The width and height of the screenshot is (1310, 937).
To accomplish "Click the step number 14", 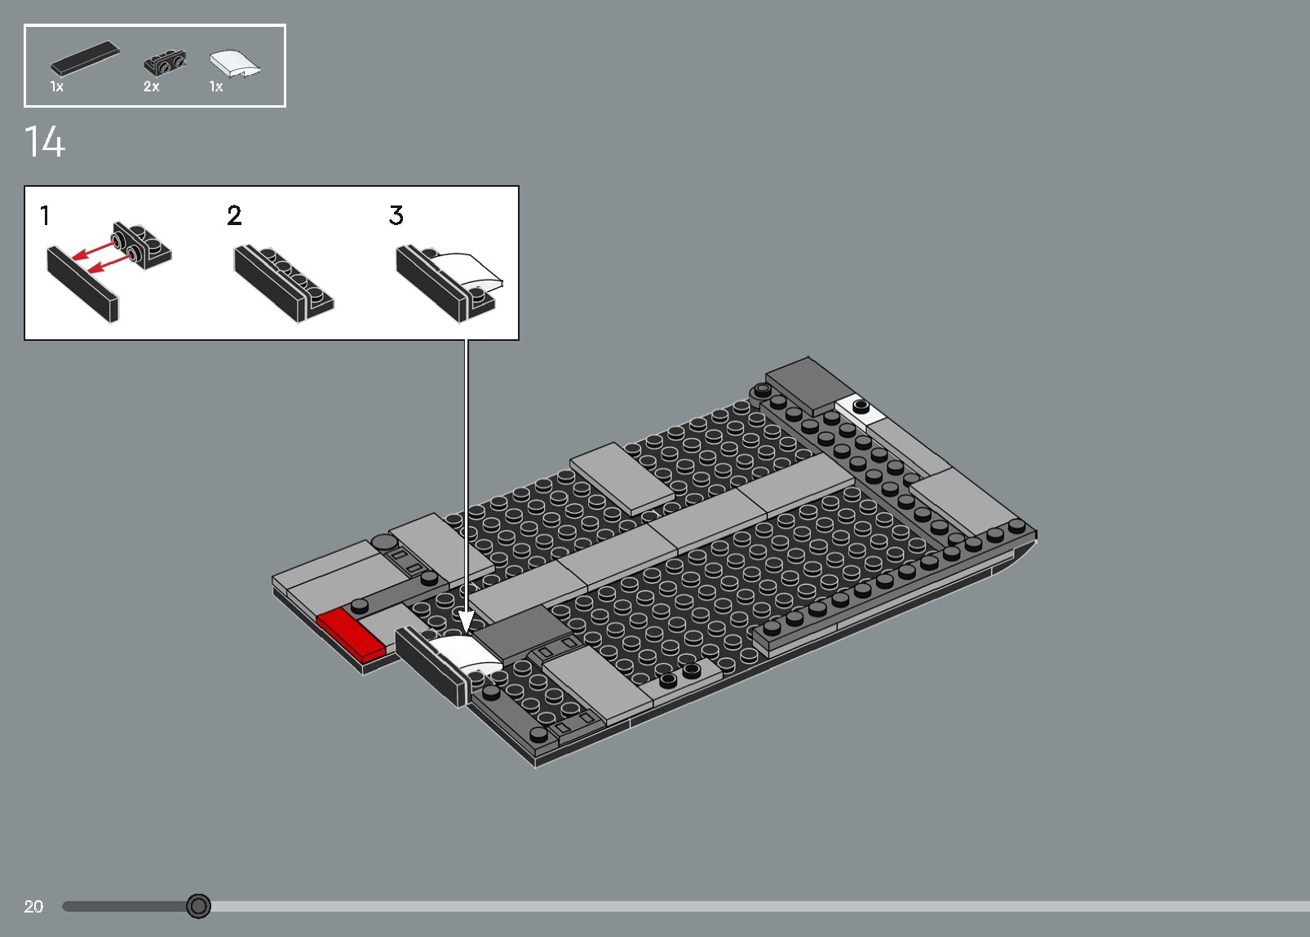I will click(x=45, y=143).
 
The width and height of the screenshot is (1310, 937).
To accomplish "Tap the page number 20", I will click(x=33, y=906).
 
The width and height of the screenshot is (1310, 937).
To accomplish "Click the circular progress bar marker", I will click(x=198, y=905).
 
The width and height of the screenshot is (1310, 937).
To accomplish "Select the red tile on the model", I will click(x=350, y=632).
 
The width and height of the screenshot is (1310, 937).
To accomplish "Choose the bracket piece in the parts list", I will click(x=165, y=62).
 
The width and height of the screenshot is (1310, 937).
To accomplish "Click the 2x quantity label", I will click(x=152, y=86).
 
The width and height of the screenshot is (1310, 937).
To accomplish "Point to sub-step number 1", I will click(x=46, y=216).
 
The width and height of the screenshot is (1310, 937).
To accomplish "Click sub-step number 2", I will click(x=234, y=216).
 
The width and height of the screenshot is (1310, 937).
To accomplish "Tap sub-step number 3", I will click(x=396, y=216).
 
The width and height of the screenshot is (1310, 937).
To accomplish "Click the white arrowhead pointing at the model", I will click(x=467, y=623).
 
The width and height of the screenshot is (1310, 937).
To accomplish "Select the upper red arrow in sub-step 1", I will click(x=96, y=248).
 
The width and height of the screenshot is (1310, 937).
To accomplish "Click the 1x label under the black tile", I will click(x=56, y=86).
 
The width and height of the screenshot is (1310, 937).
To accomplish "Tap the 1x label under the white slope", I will click(x=216, y=86).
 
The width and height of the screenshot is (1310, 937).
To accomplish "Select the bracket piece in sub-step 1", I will click(x=142, y=245).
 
